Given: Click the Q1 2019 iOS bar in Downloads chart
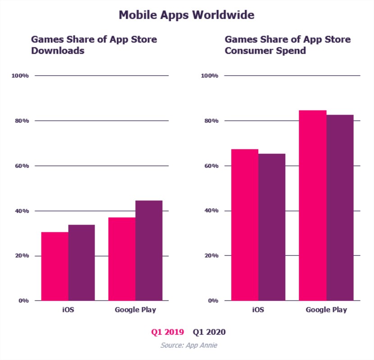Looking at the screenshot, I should [55, 266].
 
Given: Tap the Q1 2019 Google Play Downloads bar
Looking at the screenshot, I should [122, 259].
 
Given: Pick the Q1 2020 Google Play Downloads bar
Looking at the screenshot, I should [149, 250].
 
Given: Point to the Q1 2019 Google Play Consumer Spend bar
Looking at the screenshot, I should [313, 205].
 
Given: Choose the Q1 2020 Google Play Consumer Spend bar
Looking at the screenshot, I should [340, 208].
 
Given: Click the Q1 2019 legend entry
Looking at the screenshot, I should [167, 332].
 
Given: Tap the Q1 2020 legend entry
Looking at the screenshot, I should [209, 332].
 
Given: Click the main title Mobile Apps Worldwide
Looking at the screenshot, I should [187, 15].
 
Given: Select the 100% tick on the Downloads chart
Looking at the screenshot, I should [20, 76].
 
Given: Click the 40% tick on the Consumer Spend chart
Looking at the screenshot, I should [210, 211].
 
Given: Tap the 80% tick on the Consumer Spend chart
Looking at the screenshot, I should [210, 121].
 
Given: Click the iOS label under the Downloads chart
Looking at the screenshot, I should [68, 310].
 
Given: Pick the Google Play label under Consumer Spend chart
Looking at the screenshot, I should [327, 310].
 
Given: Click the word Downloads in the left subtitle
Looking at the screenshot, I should [58, 51].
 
